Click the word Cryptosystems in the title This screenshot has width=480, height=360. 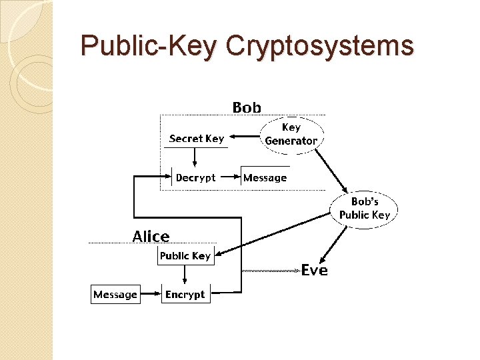click(319, 46)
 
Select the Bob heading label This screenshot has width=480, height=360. click(247, 107)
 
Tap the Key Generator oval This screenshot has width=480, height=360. click(291, 134)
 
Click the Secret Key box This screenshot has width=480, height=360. click(197, 139)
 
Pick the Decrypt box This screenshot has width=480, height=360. click(195, 177)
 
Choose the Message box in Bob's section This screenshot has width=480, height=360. click(265, 177)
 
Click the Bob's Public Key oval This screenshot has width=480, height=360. click(365, 208)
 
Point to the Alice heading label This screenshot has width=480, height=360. click(151, 236)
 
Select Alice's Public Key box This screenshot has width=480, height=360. click(185, 256)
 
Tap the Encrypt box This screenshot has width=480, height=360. click(185, 295)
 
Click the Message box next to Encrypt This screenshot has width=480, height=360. click(115, 295)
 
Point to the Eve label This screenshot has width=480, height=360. click(314, 270)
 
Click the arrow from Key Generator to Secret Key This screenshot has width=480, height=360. click(244, 139)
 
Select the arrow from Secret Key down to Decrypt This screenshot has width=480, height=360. click(195, 157)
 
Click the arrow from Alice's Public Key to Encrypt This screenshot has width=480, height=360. click(186, 274)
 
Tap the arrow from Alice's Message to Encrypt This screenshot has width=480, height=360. click(151, 295)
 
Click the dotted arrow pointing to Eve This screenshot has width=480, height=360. click(270, 271)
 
